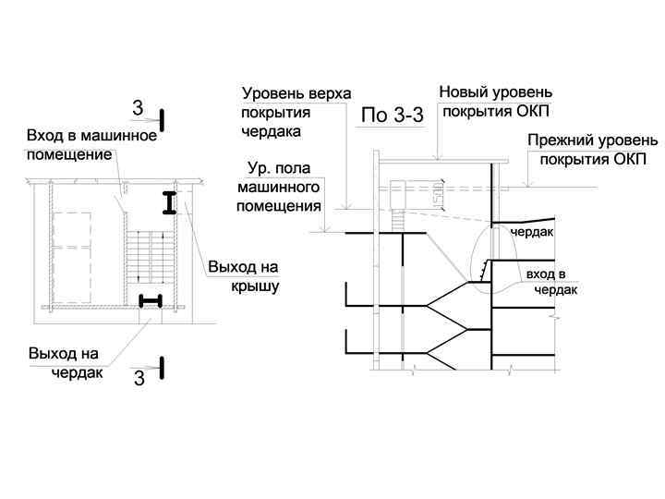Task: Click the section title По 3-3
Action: point(391,116)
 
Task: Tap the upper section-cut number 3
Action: point(139,110)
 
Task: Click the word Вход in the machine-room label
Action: point(43,137)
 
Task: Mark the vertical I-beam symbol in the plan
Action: point(170,203)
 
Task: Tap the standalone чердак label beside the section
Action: point(531,232)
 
